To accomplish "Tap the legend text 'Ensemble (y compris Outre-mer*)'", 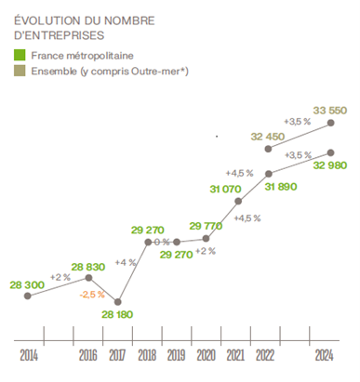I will click(x=106, y=72).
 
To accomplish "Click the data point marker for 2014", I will click(x=28, y=296).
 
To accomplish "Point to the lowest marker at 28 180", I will click(x=118, y=302).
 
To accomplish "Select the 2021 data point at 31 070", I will click(x=238, y=201).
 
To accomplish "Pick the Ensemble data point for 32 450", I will click(x=269, y=148).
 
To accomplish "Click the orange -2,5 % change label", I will click(x=90, y=295).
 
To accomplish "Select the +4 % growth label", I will click(x=121, y=263).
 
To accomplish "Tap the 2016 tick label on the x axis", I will click(x=88, y=355).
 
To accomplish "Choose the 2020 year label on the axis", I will click(x=207, y=355).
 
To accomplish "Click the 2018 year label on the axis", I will click(x=148, y=355).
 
